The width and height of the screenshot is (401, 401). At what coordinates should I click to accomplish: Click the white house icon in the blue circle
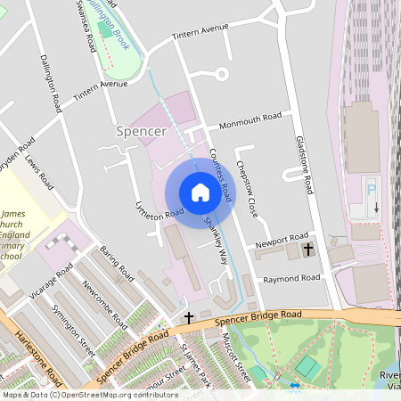[x=200, y=192]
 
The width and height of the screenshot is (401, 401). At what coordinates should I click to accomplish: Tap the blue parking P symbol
[x=372, y=188]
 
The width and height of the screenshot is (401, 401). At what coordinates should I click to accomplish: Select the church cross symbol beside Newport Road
[x=308, y=250]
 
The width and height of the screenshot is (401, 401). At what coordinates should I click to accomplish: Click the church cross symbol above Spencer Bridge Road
[x=188, y=317]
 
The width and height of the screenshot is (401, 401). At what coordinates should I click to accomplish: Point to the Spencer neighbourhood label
[x=142, y=131]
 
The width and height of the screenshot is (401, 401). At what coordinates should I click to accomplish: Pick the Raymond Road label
[x=291, y=278]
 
